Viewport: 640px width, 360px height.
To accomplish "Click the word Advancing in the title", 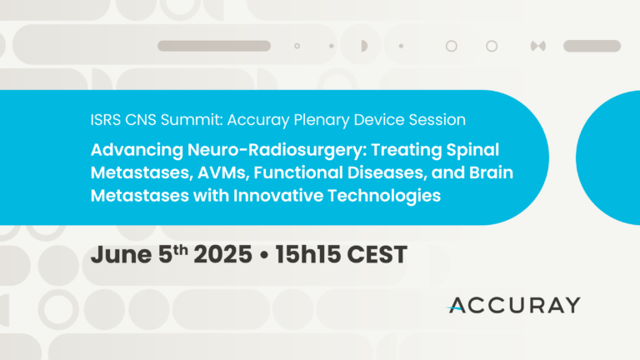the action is pyautogui.click(x=137, y=151).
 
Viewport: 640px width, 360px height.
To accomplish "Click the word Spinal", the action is pyautogui.click(x=472, y=151).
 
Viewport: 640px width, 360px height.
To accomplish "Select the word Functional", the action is pyautogui.click(x=298, y=172).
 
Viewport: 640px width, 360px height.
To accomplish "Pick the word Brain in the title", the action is pyautogui.click(x=491, y=172).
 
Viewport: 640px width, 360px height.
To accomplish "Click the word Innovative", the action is pyautogui.click(x=278, y=196).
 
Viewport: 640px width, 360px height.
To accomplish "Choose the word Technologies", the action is pyautogui.click(x=384, y=197).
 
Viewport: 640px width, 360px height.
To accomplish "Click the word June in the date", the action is pyautogui.click(x=121, y=255).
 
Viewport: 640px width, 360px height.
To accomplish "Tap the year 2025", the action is pyautogui.click(x=222, y=255).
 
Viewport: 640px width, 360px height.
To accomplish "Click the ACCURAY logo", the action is pyautogui.click(x=513, y=305).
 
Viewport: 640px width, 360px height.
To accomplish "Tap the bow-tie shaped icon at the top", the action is pyautogui.click(x=538, y=46).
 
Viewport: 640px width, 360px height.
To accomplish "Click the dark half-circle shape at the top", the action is pyautogui.click(x=364, y=46).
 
